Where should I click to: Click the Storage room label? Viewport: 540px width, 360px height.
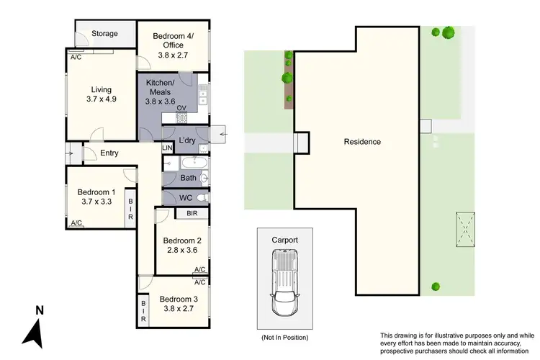tap(104, 33)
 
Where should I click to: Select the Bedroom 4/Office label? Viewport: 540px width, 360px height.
tap(174, 40)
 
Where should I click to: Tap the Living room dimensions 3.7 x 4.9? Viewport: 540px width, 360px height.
tap(100, 99)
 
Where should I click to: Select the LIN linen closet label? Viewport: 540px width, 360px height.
tap(167, 148)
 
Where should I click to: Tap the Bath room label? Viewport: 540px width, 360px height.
tap(189, 178)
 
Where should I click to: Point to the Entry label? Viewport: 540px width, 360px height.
tap(109, 153)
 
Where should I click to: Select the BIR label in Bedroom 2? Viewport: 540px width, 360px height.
tap(192, 214)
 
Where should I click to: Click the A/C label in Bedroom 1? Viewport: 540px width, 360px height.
tap(76, 223)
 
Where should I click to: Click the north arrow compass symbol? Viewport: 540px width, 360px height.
tap(35, 328)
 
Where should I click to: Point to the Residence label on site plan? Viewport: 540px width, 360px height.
tap(362, 142)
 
